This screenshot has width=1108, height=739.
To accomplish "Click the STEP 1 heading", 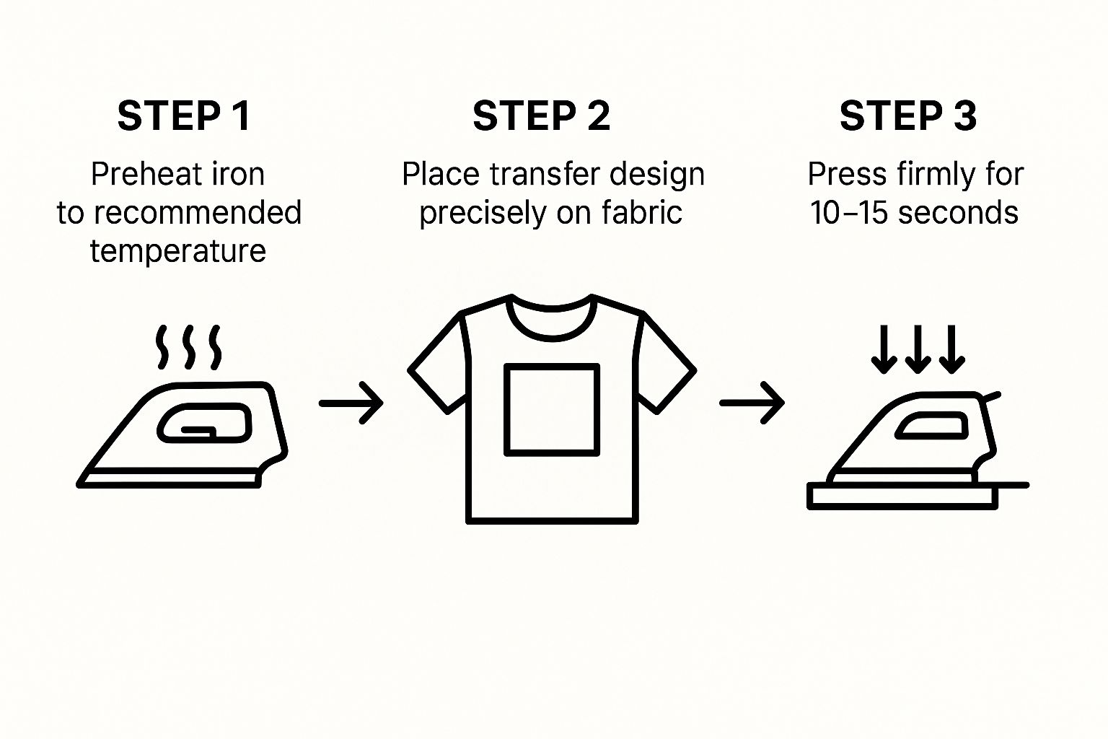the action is [184, 115].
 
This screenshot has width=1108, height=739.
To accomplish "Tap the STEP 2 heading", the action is [542, 115].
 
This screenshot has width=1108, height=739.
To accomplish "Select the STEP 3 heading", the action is [908, 115].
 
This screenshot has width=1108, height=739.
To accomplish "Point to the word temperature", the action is [178, 251].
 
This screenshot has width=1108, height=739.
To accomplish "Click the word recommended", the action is [198, 213].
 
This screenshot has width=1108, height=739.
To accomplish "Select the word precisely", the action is [483, 214].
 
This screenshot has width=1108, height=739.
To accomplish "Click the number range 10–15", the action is [849, 213].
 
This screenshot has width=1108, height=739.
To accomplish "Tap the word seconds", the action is [958, 214].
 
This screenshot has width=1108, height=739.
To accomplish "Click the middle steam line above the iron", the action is [188, 347].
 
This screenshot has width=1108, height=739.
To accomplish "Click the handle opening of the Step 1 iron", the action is [204, 423].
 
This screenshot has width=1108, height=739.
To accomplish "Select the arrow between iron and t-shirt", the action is [351, 403].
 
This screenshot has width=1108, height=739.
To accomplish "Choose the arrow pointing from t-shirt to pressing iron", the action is [752, 403].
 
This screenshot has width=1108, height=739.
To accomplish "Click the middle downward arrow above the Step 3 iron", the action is [918, 349].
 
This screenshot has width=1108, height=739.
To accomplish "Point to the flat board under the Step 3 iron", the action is [902, 497].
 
